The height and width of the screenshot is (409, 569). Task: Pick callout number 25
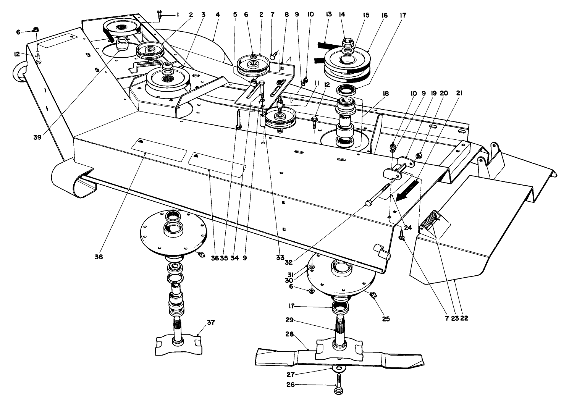tap(386, 318)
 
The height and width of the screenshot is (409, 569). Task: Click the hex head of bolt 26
tap(338, 392)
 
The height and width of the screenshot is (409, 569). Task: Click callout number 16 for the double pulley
tap(384, 15)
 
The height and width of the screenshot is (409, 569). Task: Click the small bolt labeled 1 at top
tap(159, 15)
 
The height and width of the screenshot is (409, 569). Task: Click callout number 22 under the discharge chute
tap(464, 318)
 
